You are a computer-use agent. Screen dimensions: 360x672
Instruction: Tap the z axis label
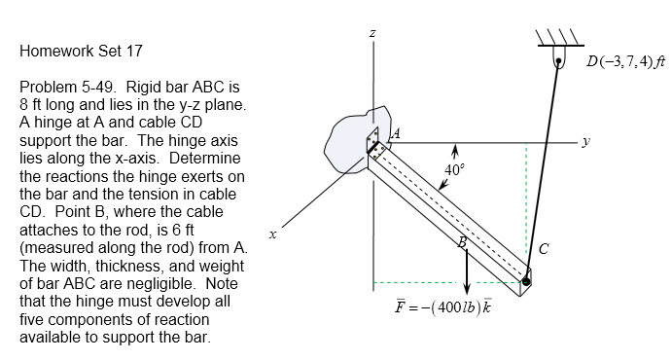point(372,35)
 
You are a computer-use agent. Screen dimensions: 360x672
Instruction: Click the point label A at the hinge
point(396,133)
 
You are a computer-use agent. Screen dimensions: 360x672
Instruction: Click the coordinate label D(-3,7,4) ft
point(625,63)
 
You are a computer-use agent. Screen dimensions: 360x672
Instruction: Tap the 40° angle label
point(452,170)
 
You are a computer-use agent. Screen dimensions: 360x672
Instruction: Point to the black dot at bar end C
point(526,282)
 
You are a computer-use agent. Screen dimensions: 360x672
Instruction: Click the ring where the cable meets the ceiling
point(560,63)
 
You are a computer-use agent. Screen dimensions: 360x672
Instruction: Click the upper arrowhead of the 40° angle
point(453,151)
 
